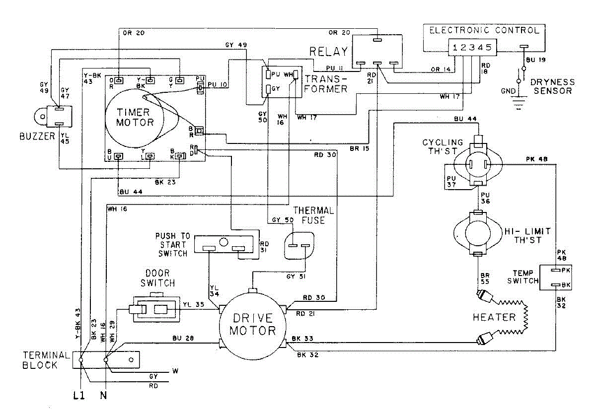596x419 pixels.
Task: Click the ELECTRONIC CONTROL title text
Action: click(483, 30)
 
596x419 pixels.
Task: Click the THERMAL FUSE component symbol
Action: click(299, 246)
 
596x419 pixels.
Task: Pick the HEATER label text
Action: click(494, 317)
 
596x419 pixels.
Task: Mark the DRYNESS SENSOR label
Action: click(552, 86)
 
